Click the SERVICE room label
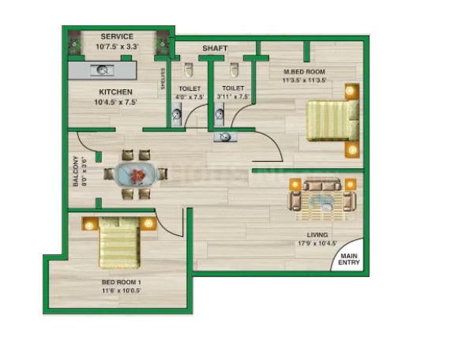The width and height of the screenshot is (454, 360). pos(117,36)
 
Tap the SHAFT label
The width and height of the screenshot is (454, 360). pos(215,48)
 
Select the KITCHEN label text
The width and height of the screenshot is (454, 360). pos(115,92)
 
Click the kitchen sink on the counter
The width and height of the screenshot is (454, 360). pos(102,70)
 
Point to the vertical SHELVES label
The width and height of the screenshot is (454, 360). pos(163,78)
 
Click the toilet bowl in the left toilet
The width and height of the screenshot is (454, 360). pos(189,69)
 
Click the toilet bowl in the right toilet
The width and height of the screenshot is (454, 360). pos(235,69)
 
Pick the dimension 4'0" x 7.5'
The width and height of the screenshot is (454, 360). pos(189,97)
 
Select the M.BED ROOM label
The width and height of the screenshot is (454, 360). pos(304,72)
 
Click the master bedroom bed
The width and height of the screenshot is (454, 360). pos(333,120)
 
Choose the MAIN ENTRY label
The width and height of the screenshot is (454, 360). pos(349,259)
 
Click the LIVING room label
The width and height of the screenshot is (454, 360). pos(317,235)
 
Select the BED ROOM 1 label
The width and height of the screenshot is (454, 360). pos(122,282)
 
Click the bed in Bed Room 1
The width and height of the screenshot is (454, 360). pos(119,242)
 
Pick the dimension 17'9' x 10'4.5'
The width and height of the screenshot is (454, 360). pos(317,243)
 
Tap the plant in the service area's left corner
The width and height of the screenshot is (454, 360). pos(74,43)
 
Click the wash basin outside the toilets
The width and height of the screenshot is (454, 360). pos(225,137)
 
